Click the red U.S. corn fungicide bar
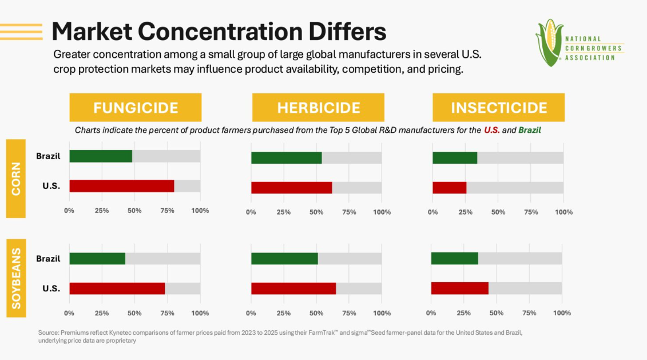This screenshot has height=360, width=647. click(x=122, y=186)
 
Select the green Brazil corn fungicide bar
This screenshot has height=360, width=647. click(x=101, y=156)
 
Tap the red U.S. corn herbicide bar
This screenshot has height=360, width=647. click(x=292, y=188)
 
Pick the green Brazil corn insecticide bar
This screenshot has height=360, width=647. click(x=455, y=158)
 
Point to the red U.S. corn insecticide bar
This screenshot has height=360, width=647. click(x=449, y=188)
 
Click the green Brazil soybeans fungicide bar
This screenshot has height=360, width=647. click(x=97, y=259)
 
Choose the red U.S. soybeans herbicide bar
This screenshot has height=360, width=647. click(x=293, y=288)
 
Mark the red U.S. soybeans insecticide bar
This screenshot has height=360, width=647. click(x=460, y=288)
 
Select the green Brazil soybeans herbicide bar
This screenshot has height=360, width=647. click(x=285, y=259)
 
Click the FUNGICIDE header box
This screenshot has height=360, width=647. click(x=136, y=108)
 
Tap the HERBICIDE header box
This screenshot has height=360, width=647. click(x=318, y=108)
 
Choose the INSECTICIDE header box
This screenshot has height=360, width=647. click(x=498, y=108)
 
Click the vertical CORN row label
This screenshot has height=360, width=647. click(x=15, y=179)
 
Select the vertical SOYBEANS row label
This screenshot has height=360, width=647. click(x=16, y=278)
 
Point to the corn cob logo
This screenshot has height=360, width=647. click(x=549, y=42)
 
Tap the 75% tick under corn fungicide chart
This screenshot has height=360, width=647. click(x=167, y=211)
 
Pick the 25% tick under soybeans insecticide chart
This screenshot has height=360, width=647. click(x=463, y=313)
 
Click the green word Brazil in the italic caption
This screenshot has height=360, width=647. click(x=529, y=130)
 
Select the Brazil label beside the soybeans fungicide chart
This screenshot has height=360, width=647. click(x=48, y=259)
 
